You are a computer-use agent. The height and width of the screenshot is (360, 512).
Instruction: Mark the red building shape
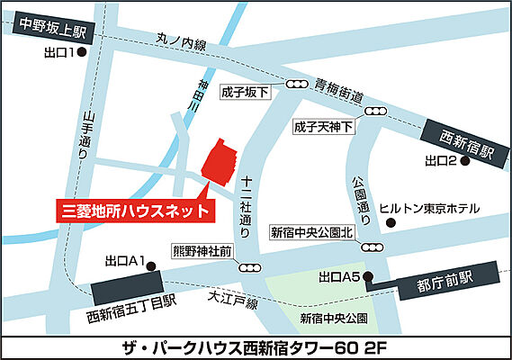[x=218, y=161]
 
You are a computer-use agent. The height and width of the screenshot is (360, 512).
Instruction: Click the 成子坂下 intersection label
[x=246, y=93]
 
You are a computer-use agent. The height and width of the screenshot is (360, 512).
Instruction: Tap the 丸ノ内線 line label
[x=182, y=40]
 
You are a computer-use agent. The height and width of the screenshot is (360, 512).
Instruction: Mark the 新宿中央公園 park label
[x=335, y=318]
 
